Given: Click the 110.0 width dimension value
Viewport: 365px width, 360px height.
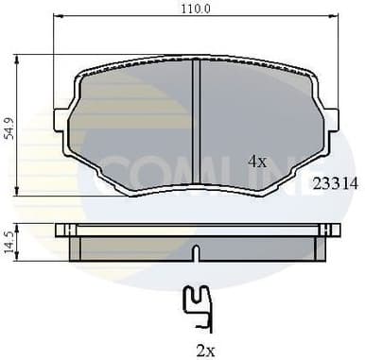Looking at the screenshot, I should point(197,8).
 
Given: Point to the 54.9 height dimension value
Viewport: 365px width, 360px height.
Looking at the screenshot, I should point(9,129).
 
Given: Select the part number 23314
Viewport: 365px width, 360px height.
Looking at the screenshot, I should point(335,184).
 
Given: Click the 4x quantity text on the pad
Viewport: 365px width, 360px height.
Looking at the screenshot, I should point(257,162).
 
